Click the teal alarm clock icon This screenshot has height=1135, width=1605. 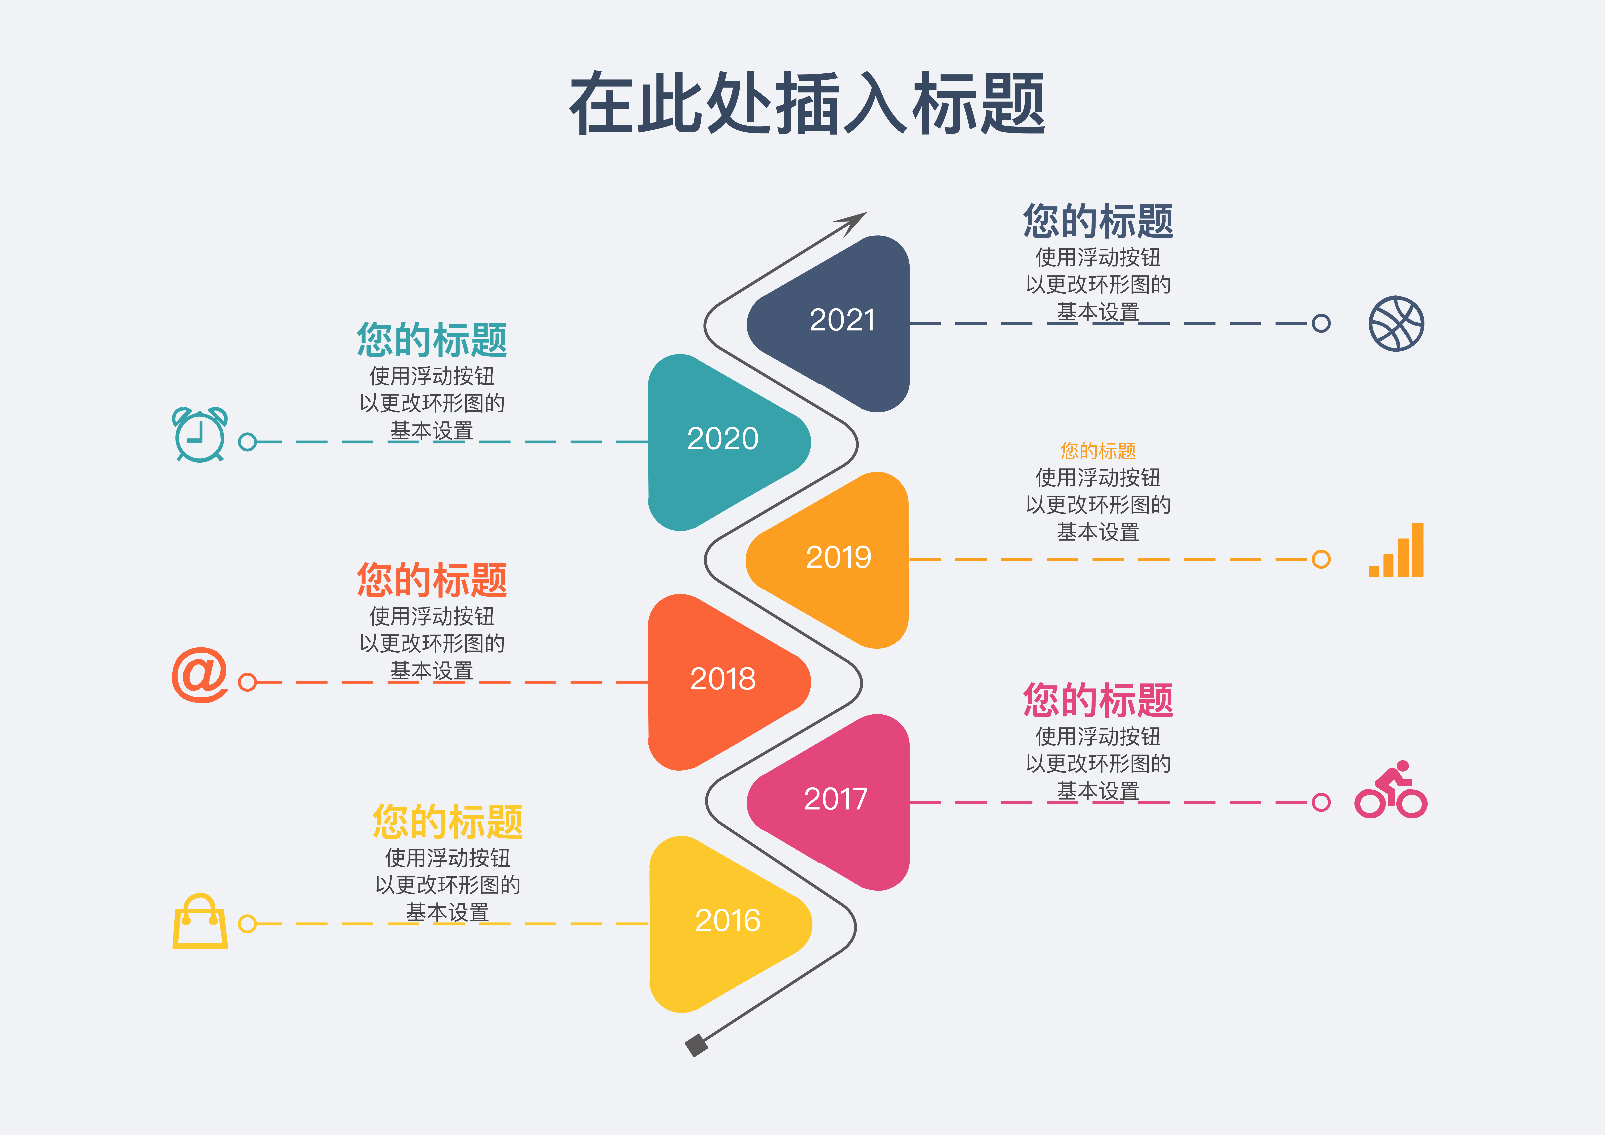tap(200, 435)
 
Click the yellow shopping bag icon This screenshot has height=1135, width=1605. tap(200, 922)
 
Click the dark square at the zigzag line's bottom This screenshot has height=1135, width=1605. tap(696, 1045)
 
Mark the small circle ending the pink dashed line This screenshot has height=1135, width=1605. tap(1321, 802)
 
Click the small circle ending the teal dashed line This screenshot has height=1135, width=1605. tap(247, 442)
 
